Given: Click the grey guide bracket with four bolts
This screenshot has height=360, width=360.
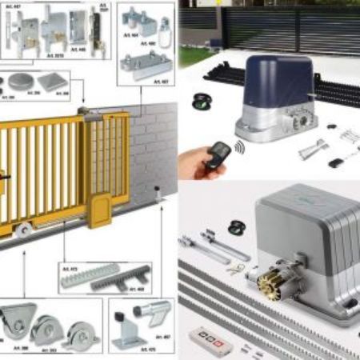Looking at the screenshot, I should pyautogui.click(x=145, y=64).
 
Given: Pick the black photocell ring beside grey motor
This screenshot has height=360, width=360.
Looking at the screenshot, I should pyautogui.click(x=237, y=226).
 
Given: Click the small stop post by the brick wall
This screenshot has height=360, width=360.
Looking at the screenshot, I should pyautogui.click(x=158, y=194).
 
